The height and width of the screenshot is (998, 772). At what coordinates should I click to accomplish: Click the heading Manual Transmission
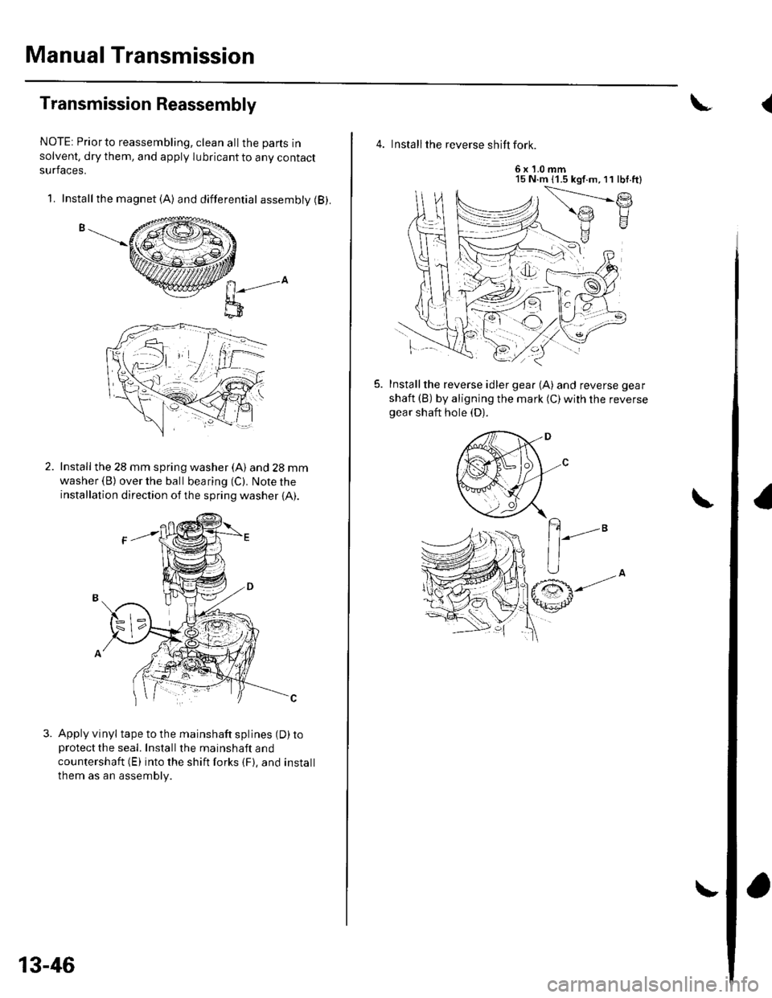(129, 57)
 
